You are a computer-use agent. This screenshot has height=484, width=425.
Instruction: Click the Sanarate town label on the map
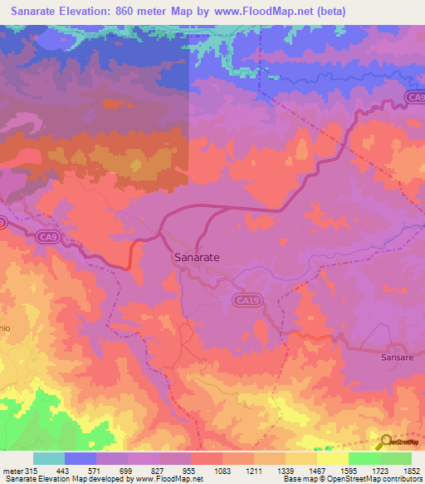tap(197, 258)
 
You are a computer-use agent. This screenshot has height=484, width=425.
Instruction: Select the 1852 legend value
tap(412, 472)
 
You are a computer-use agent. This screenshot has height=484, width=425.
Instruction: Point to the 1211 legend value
tap(254, 472)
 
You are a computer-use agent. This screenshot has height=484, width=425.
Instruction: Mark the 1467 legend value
tap(317, 472)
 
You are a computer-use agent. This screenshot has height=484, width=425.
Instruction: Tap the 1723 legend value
tap(380, 472)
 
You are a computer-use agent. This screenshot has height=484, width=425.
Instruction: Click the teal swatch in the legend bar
tap(49, 458)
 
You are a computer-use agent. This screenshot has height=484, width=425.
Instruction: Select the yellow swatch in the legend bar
tap(332, 458)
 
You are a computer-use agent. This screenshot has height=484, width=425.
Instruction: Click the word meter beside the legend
tap(12, 472)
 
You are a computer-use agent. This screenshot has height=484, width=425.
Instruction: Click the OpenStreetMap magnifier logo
tap(383, 442)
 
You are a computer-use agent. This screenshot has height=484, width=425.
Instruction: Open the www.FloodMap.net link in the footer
tap(161, 480)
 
